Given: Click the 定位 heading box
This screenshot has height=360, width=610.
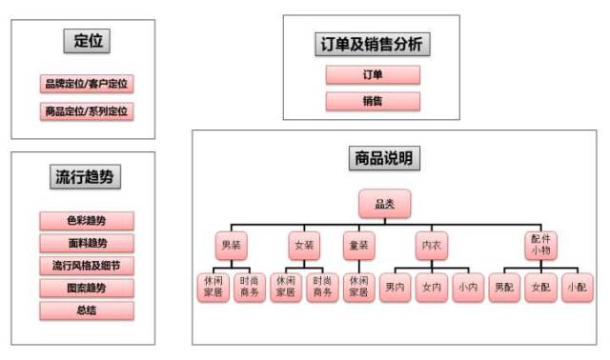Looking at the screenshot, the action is tap(87, 41).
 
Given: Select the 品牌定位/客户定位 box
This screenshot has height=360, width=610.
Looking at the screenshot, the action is tap(87, 84).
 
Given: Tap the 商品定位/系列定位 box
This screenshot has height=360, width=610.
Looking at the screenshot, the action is tap(87, 110).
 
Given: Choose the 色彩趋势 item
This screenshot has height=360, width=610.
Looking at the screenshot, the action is tap(87, 221).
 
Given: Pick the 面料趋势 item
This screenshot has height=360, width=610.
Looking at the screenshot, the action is tap(87, 243).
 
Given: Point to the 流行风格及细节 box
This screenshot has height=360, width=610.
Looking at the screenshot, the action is tap(87, 265).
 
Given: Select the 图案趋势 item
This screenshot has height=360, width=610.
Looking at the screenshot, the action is tap(87, 288).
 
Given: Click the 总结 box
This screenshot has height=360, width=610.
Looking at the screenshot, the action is tap(87, 310).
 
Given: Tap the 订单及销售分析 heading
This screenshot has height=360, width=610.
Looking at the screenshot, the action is tap(372, 44).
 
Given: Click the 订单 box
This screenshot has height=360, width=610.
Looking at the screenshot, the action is tap(373, 75).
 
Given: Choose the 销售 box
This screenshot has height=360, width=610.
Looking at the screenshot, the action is tap(373, 101).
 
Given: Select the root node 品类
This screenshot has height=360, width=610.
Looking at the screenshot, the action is tap(384, 204).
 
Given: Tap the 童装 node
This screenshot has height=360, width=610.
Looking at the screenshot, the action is tap(358, 245).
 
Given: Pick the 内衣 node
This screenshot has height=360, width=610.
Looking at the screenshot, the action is tap(431, 245).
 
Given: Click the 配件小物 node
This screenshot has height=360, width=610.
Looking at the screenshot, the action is tap(540, 245).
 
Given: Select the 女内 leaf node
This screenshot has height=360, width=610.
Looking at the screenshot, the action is tap(431, 287).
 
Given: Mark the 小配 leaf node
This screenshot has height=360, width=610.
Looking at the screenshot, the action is tap(576, 287).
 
